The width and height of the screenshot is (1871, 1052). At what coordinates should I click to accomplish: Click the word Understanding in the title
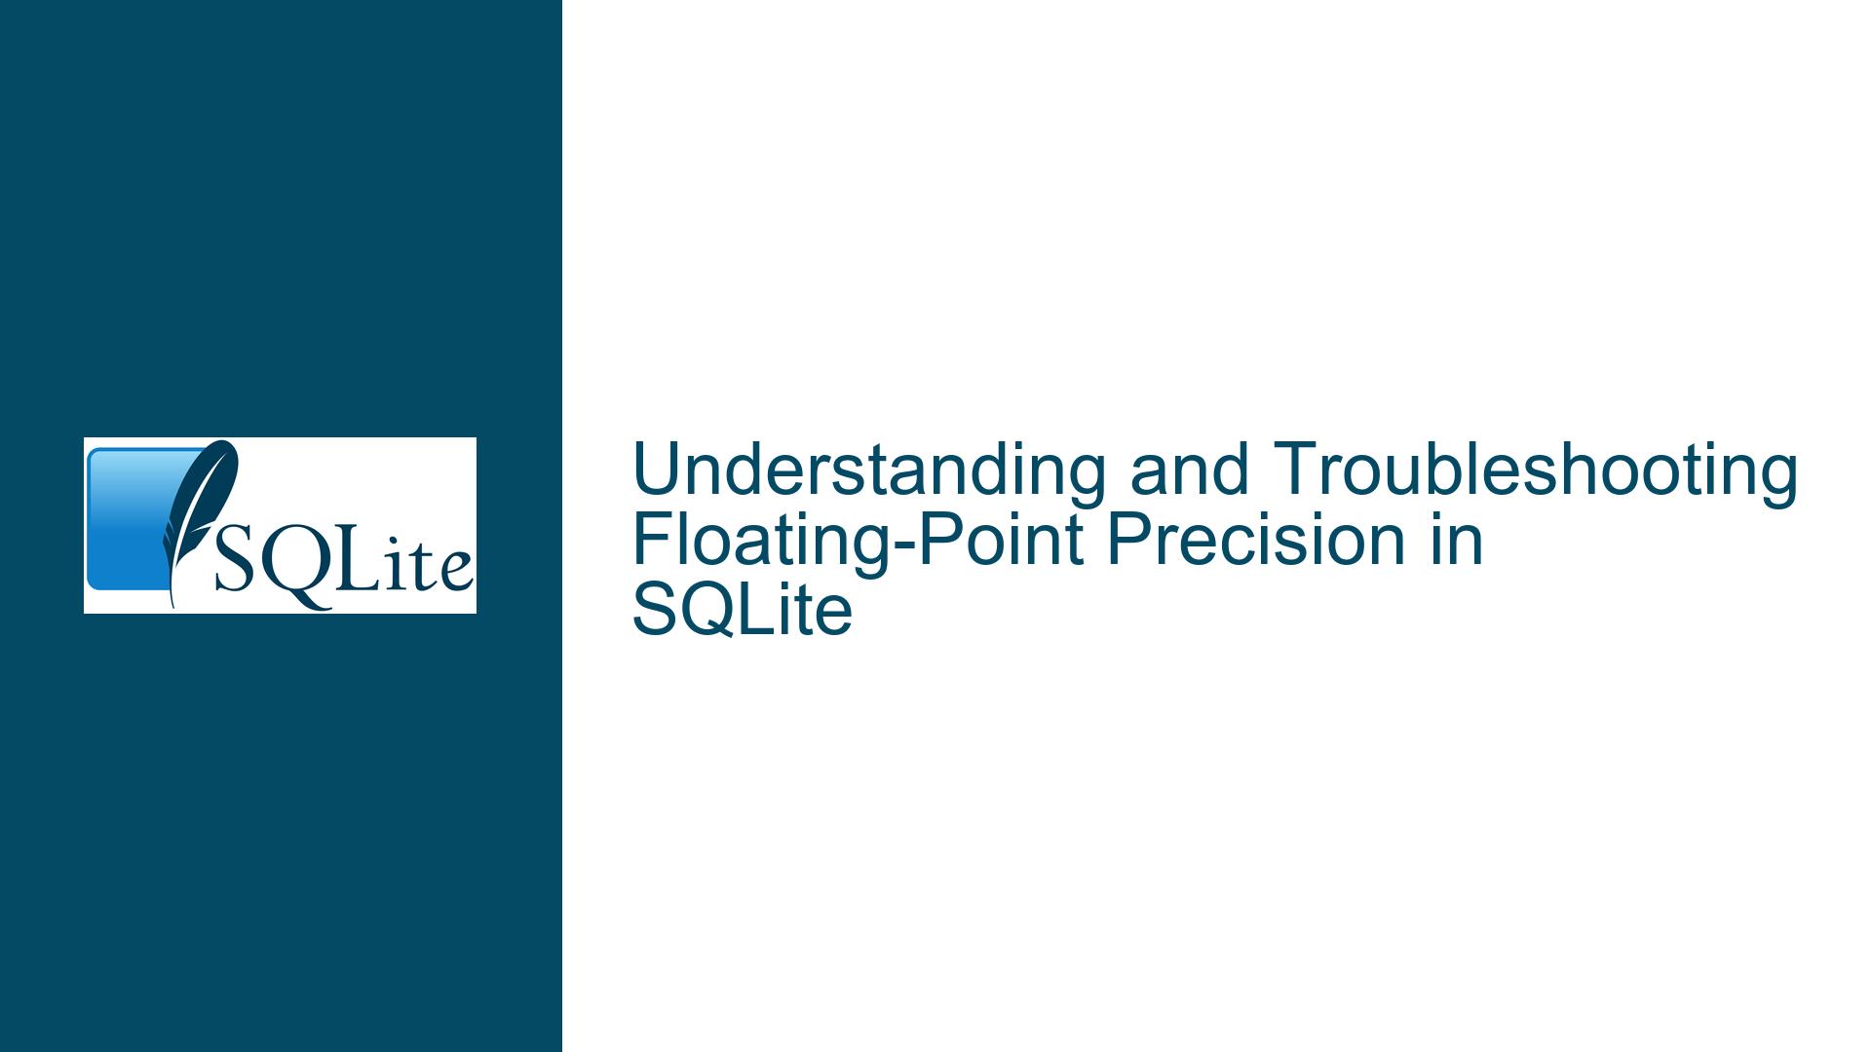pos(869,470)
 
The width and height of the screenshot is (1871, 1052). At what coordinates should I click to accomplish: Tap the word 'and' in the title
pos(1189,470)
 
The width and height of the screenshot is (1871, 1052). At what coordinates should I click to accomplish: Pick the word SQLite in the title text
pos(743,612)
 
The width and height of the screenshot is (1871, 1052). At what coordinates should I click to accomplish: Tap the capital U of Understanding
pos(656,470)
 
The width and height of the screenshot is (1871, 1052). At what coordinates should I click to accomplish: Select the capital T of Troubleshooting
pos(1297,470)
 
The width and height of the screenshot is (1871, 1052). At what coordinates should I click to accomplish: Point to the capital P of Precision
pos(1126,541)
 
